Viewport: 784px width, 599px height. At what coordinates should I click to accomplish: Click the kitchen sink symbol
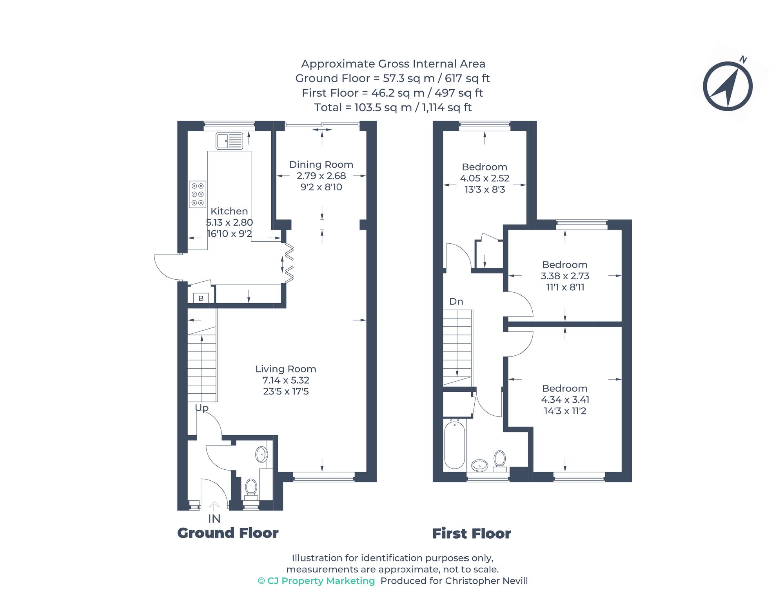[x=229, y=141]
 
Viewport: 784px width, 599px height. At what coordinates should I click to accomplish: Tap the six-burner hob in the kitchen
[x=198, y=194]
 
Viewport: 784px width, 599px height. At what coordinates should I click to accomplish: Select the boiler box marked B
[x=201, y=298]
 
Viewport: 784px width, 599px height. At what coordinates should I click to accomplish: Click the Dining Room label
[x=321, y=165]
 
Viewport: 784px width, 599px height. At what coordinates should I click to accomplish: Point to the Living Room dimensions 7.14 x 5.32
[x=286, y=380]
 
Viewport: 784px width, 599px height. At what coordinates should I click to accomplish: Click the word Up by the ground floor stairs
[x=202, y=408]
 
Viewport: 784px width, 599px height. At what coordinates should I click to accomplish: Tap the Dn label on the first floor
[x=456, y=302]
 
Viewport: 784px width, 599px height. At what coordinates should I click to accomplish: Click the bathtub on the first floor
[x=455, y=445]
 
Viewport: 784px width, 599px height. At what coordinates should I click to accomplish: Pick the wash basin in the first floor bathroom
[x=479, y=465]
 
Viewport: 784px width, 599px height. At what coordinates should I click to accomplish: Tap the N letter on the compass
[x=743, y=60]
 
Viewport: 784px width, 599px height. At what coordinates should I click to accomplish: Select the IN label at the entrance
[x=214, y=519]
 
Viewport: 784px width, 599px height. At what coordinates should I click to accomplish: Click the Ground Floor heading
[x=228, y=533]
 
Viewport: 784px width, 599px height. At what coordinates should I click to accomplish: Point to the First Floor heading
[x=472, y=534]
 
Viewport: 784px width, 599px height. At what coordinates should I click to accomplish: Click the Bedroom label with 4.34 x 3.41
[x=565, y=389]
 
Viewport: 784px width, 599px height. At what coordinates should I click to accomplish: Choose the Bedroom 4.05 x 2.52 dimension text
[x=485, y=178]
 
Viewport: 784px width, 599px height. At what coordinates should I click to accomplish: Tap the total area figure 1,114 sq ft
[x=447, y=107]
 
